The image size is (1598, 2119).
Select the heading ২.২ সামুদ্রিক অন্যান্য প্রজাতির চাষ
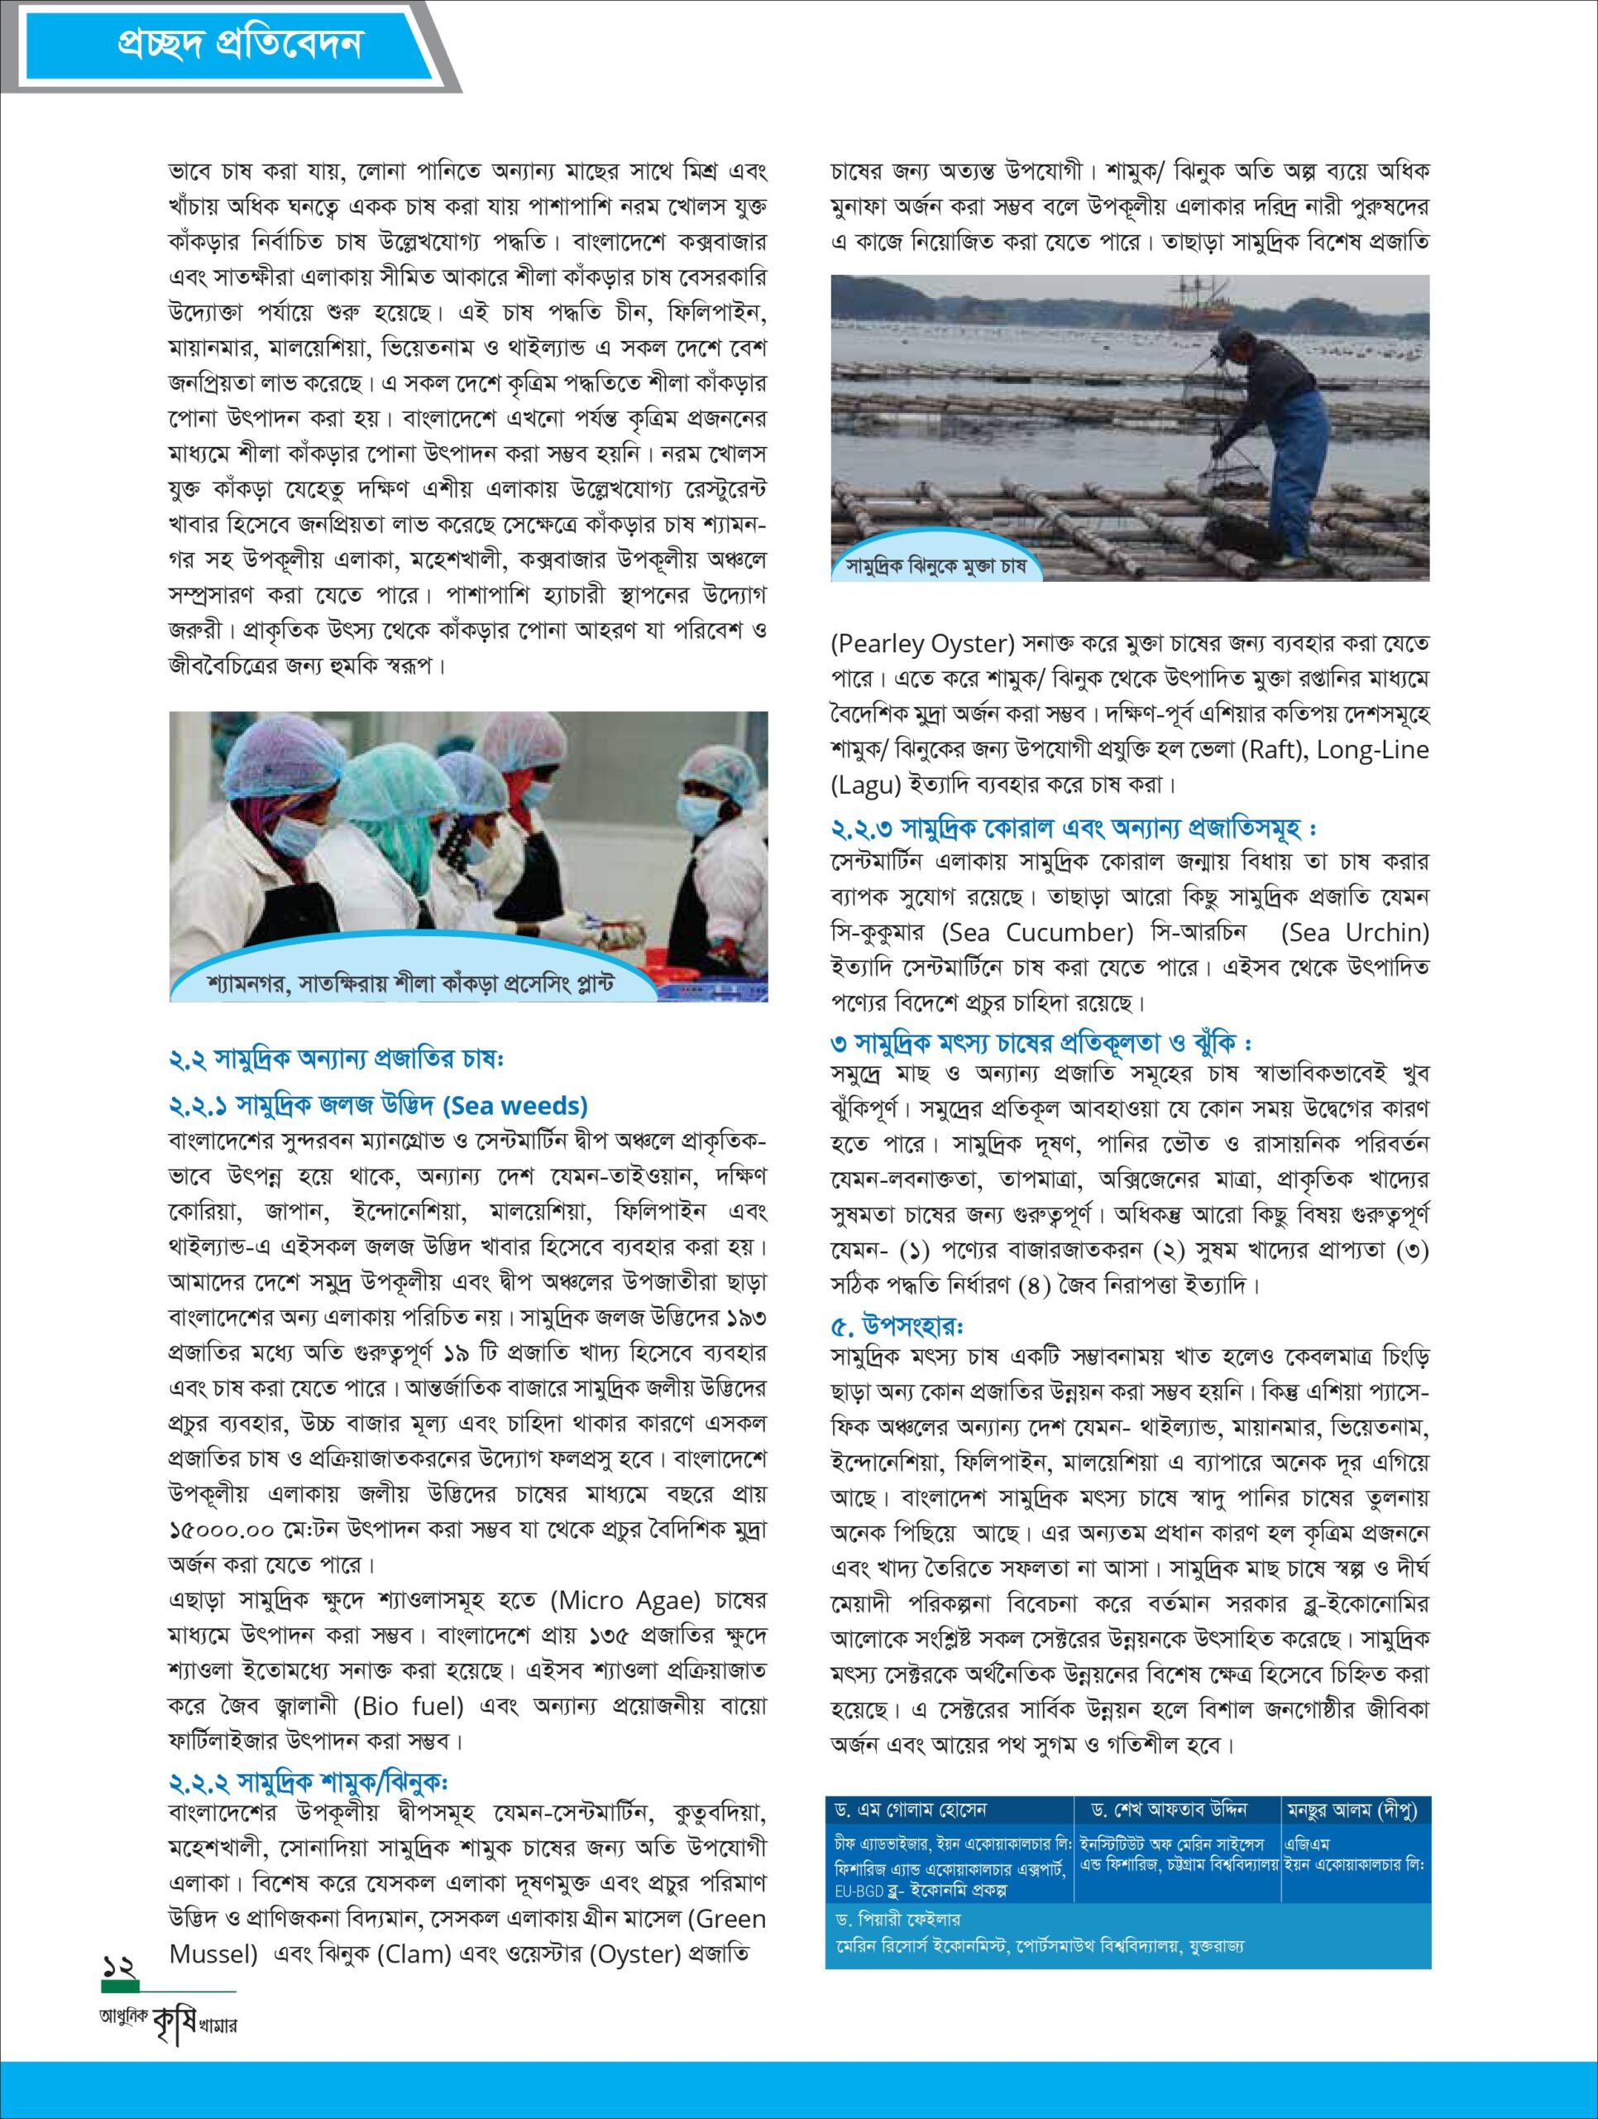(336, 1059)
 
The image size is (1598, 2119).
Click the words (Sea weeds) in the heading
(515, 1107)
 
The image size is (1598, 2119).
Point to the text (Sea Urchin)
(1354, 931)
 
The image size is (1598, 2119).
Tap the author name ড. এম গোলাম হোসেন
(911, 1809)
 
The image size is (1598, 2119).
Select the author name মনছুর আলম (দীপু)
(1351, 1809)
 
